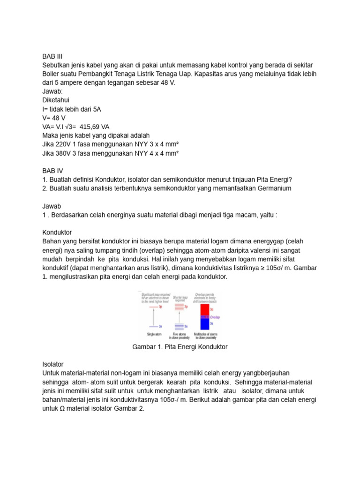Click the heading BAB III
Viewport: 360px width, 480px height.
52,56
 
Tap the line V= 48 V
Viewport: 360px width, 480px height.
53,118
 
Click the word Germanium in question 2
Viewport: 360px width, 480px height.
272,188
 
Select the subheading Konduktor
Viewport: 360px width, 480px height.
57,232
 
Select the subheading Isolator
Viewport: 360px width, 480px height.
52,364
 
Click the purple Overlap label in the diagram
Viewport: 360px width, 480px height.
215,317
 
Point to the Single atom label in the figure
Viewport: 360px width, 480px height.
153,335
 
